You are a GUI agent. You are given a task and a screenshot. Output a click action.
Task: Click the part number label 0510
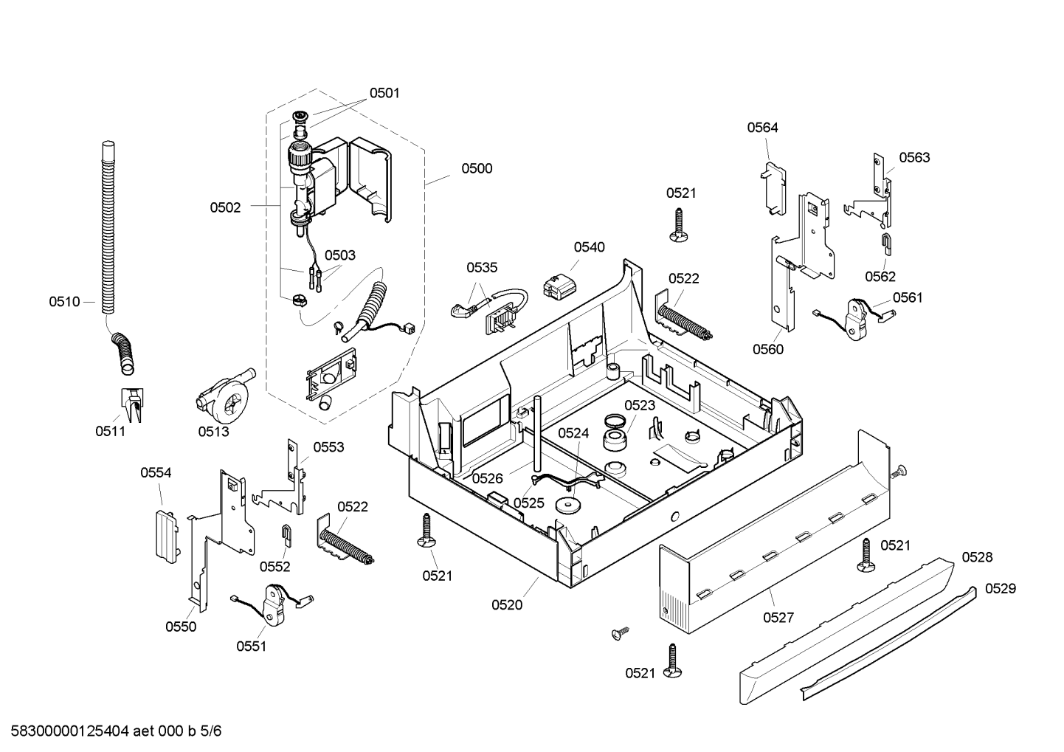(x=65, y=302)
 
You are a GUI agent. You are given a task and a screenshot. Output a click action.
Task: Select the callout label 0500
(x=477, y=168)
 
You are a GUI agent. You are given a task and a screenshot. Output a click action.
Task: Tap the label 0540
(x=589, y=247)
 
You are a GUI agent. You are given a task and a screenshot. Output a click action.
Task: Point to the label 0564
(x=762, y=128)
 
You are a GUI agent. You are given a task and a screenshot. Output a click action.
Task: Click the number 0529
(x=1001, y=589)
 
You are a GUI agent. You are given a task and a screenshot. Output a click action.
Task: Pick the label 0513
(x=213, y=431)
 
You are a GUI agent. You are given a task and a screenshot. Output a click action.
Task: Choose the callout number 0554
(x=156, y=472)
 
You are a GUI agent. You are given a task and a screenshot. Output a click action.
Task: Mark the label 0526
(x=487, y=478)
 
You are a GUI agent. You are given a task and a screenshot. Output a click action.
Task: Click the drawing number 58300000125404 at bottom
(x=69, y=731)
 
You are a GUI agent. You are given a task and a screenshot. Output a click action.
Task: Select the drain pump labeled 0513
(x=224, y=397)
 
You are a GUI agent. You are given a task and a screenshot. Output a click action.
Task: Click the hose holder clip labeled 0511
(x=132, y=404)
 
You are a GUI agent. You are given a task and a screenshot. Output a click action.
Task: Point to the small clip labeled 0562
(x=886, y=245)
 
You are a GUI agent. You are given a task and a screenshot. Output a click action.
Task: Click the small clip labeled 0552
(x=286, y=535)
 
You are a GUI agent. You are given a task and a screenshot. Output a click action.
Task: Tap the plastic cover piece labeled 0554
(x=167, y=537)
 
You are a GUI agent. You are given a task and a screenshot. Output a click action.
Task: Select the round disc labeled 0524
(x=569, y=506)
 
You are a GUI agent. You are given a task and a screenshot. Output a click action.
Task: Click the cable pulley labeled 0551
(x=273, y=604)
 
